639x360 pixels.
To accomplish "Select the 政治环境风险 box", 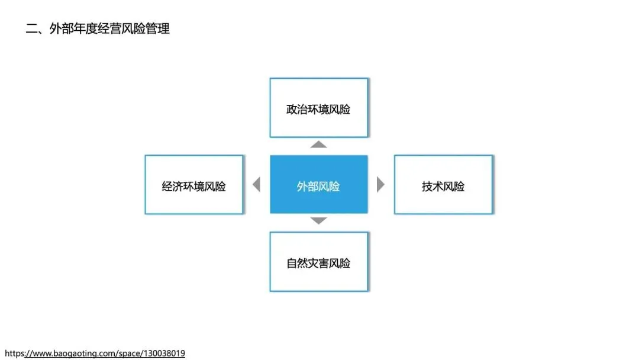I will click(x=318, y=107).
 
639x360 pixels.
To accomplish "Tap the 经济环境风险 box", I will click(x=193, y=184).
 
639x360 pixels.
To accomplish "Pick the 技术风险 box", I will click(x=443, y=184).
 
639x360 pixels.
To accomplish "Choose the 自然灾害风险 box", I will click(x=318, y=261).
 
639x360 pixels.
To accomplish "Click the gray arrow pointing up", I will click(x=318, y=144).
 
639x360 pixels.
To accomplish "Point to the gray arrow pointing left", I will click(x=257, y=185).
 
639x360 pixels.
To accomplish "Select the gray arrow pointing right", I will click(x=380, y=185).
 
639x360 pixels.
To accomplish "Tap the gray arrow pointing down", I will click(x=318, y=221).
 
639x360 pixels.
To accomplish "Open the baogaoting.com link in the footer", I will click(x=95, y=353).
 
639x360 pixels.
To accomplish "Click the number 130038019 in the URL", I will click(x=163, y=353).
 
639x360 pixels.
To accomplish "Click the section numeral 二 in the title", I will click(x=31, y=28).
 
